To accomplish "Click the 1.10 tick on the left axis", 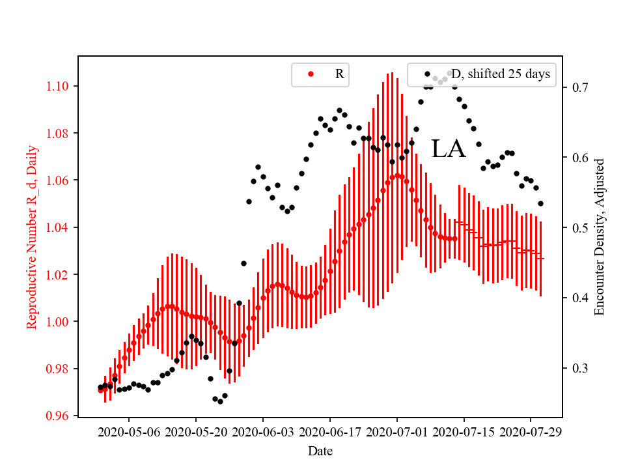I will (61, 86).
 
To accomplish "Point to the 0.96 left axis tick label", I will (61, 416).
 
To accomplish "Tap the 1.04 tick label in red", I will (61, 227).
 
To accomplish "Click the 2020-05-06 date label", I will (129, 431).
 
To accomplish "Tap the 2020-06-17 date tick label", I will (330, 431).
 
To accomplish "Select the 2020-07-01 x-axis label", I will (397, 431).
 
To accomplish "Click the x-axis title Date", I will (320, 450).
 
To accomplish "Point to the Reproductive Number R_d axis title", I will (32, 236).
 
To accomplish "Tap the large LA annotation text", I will (449, 149).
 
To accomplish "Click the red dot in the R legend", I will (311, 74).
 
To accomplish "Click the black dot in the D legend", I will (427, 74).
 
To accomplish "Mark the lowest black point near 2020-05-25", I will (220, 401).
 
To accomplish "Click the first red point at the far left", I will (100, 390).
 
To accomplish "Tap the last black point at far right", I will (540, 203).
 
